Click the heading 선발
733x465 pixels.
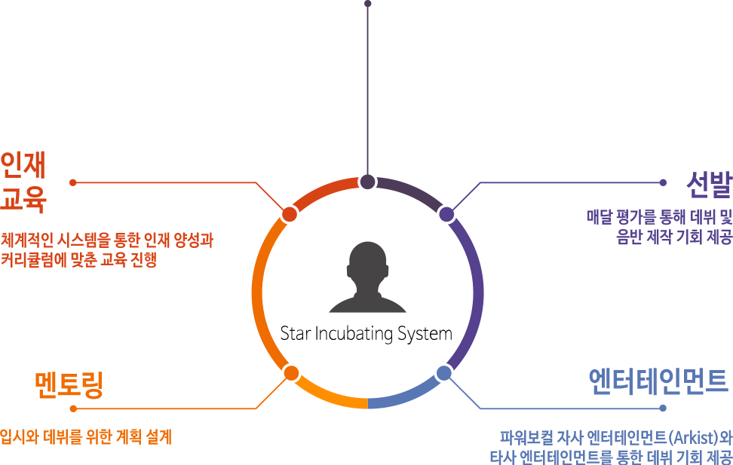(x=709, y=185)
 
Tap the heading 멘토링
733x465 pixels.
(x=69, y=384)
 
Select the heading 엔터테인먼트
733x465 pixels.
(x=658, y=381)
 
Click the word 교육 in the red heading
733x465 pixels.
(x=23, y=200)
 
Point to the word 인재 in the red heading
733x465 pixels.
(x=23, y=165)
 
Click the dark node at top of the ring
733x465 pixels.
(x=367, y=182)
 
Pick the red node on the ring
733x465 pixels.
(x=290, y=214)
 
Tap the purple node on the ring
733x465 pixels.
(x=446, y=214)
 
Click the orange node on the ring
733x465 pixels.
(x=291, y=373)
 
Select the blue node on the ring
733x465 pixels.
(x=444, y=373)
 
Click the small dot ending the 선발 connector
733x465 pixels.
(x=663, y=182)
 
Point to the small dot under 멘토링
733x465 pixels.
(x=73, y=409)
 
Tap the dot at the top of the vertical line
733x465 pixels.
(x=368, y=4)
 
